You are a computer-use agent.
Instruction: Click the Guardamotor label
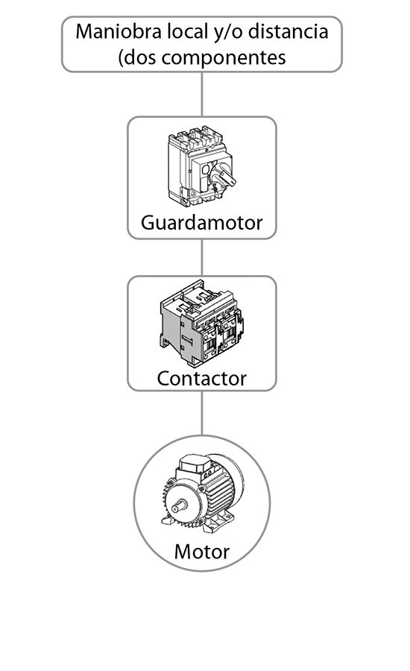tap(201, 222)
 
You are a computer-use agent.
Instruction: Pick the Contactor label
tap(201, 378)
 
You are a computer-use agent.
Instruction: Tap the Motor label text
tap(201, 551)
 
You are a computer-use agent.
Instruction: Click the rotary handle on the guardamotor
tap(224, 176)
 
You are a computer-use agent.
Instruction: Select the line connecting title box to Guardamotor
tap(202, 94)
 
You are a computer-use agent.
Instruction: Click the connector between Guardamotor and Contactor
tap(202, 257)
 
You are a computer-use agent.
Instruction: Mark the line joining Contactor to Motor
tap(202, 413)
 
